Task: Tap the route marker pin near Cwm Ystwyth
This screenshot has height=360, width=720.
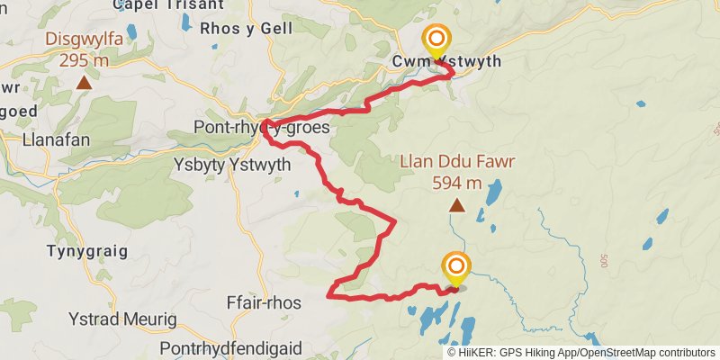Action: [x=437, y=40]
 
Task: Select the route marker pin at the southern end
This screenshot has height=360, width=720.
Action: [x=456, y=268]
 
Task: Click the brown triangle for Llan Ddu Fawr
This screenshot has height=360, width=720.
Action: [x=457, y=206]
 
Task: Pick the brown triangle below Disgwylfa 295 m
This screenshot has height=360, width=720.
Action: [x=84, y=83]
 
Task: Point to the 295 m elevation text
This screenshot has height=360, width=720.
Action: [x=83, y=60]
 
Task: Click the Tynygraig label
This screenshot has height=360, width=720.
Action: [x=87, y=251]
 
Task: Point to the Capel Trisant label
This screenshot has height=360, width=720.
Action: [x=168, y=4]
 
